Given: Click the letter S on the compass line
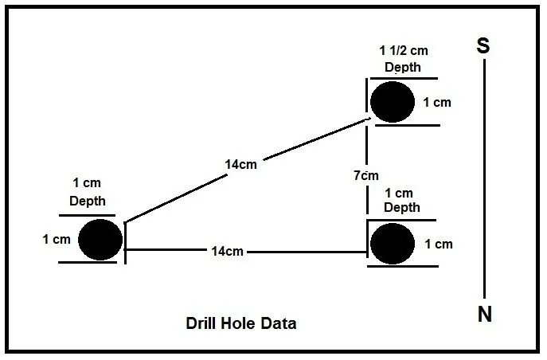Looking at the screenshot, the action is pos(483,45).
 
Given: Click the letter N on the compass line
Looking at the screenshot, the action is pos(485,314).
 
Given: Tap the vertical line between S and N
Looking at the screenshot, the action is pos(484,178).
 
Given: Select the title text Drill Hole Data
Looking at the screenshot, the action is pos(241,323).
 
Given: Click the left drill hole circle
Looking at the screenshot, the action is pos(100,240).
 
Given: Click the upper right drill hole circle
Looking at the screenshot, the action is pos(393,102).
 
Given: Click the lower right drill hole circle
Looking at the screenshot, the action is pos(393,244).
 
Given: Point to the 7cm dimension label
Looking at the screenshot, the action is pos(366,175).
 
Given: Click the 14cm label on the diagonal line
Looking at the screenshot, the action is pos(240,164).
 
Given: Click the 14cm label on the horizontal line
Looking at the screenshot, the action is pos(227,251).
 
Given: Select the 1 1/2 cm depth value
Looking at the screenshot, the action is pos(404,51).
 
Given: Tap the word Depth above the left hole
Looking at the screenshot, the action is pos(88,202).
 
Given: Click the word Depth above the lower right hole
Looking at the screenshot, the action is pos(402,207).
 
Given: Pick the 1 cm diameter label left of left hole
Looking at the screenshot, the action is pos(57,239).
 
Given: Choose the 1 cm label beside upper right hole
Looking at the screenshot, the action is pos(437,103).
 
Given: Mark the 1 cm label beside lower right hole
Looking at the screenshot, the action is pos(439,245).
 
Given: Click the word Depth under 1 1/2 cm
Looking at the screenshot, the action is pos(403,68).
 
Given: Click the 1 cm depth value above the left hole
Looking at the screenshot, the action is pos(87,183).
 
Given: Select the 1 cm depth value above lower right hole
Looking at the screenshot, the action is pos(399,193).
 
